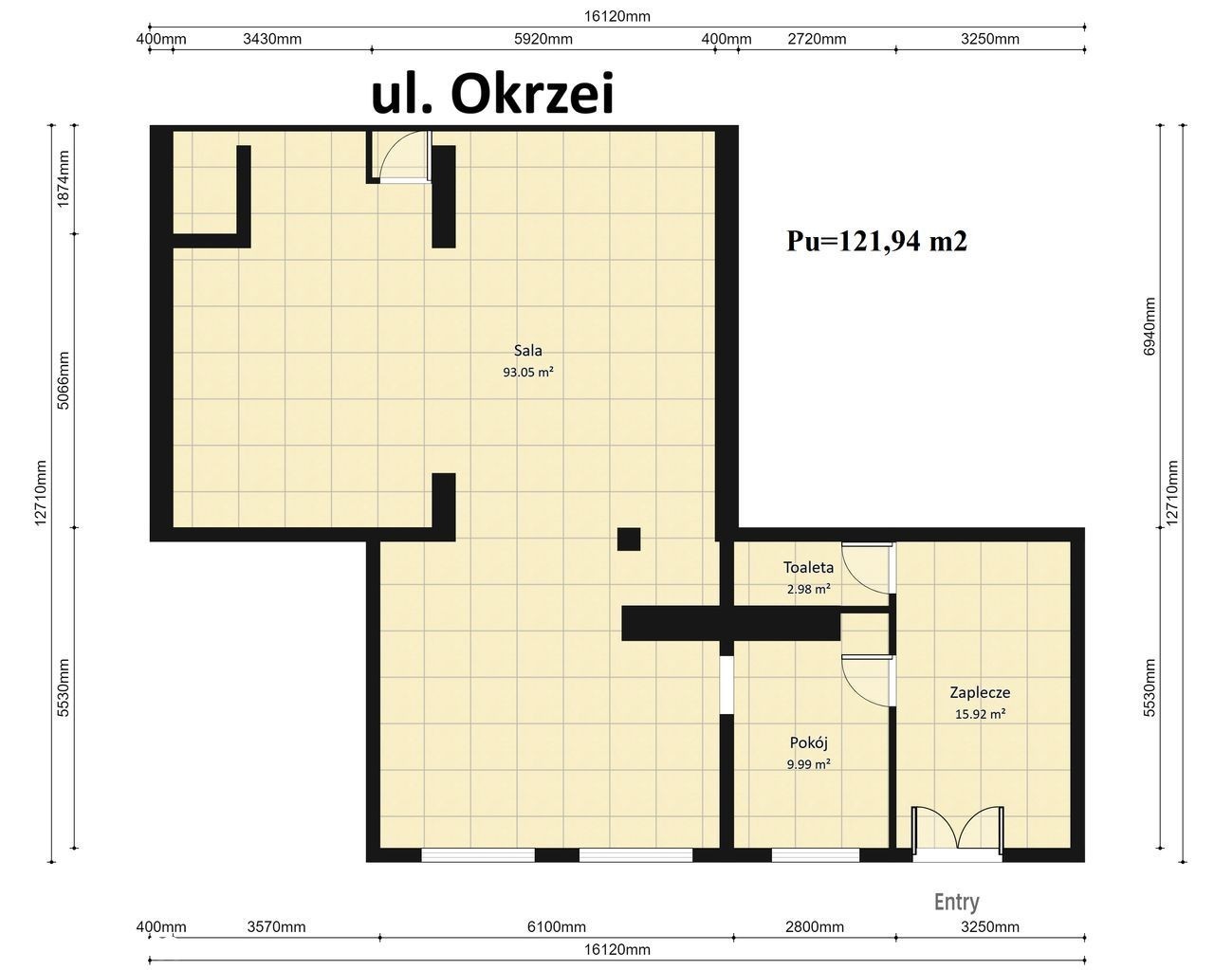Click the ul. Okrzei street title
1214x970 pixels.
pyautogui.click(x=492, y=95)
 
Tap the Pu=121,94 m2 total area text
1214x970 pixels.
pyautogui.click(x=876, y=241)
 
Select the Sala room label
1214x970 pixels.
pyautogui.click(x=528, y=350)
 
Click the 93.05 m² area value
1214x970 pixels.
pyautogui.click(x=528, y=373)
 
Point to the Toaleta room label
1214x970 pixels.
pyautogui.click(x=808, y=567)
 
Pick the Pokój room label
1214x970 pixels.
pyautogui.click(x=809, y=742)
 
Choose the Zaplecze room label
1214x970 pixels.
pyautogui.click(x=980, y=692)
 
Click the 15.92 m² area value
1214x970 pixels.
pyautogui.click(x=980, y=714)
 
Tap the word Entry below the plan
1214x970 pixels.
pyautogui.click(x=957, y=902)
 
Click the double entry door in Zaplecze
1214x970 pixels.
pyautogui.click(x=957, y=833)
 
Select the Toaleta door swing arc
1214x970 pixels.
pyautogui.click(x=866, y=569)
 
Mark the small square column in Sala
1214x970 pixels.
pyautogui.click(x=629, y=540)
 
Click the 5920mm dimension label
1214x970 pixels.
pyautogui.click(x=543, y=39)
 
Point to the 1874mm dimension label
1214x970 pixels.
pyautogui.click(x=64, y=179)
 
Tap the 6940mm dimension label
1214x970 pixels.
pyautogui.click(x=1150, y=326)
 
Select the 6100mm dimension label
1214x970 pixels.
pyautogui.click(x=556, y=926)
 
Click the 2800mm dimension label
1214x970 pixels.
pyautogui.click(x=815, y=926)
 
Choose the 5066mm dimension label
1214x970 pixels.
pyautogui.click(x=64, y=380)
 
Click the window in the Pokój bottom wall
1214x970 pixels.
pyautogui.click(x=816, y=855)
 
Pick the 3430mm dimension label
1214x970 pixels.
pyautogui.click(x=272, y=39)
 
